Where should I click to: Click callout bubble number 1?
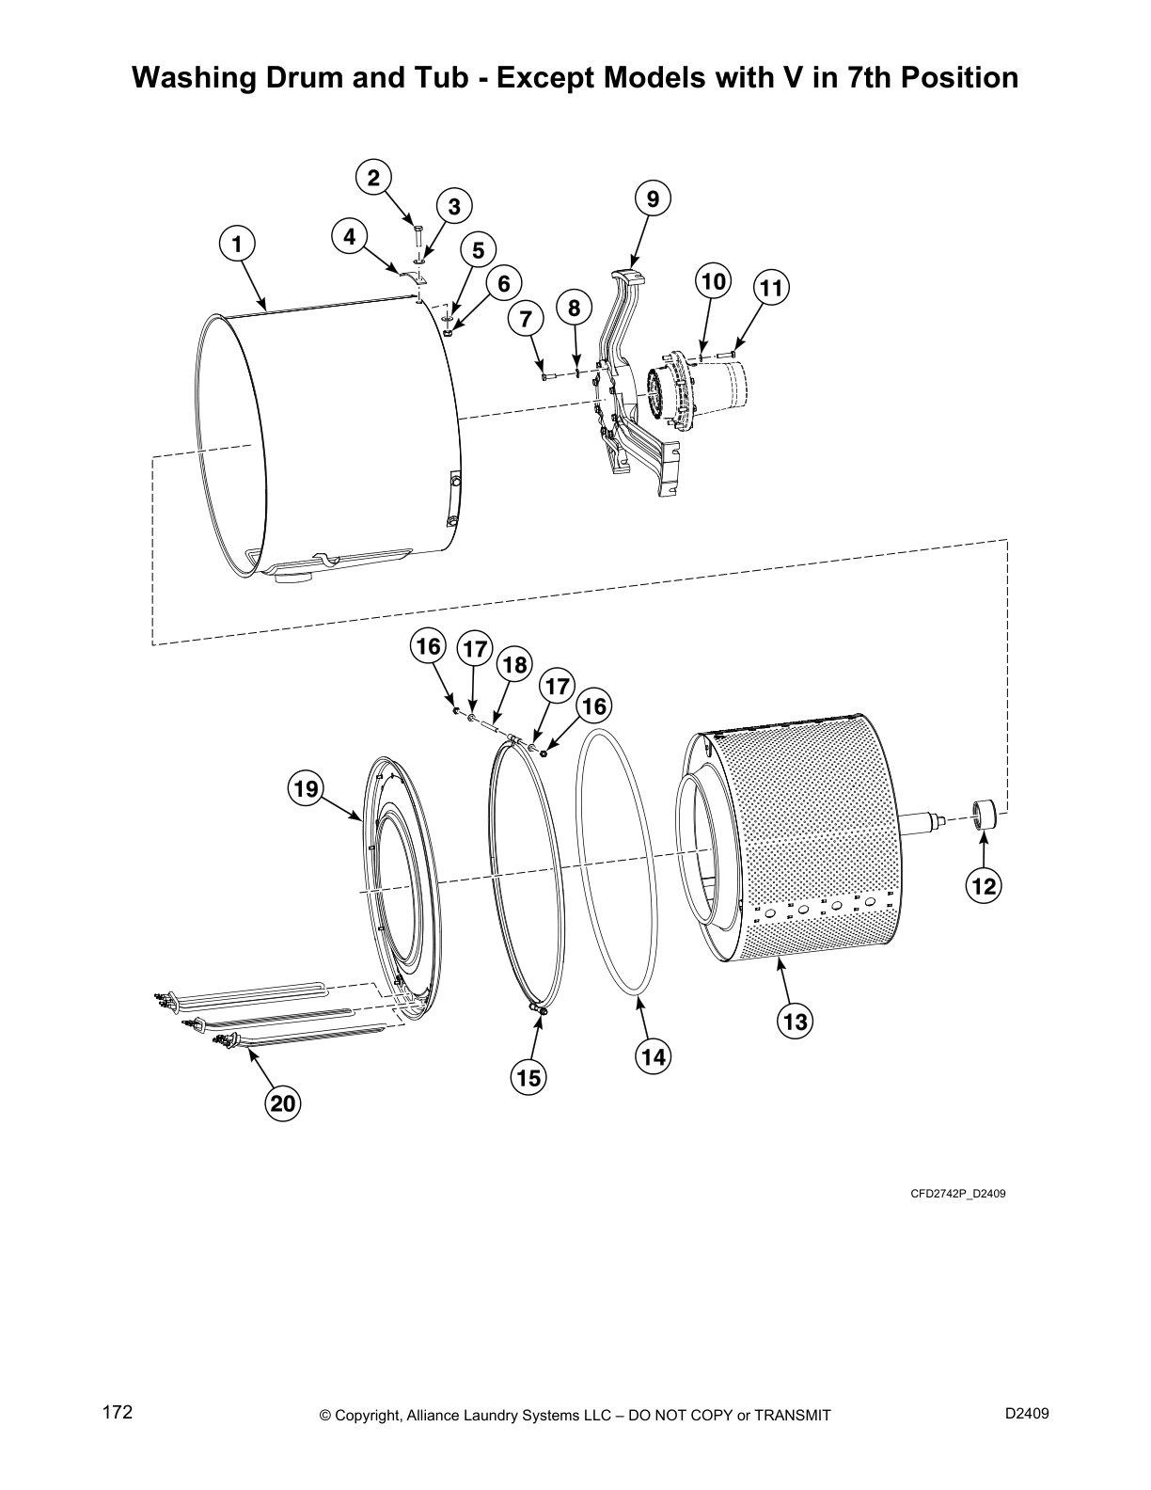(238, 244)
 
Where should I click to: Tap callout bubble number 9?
(653, 198)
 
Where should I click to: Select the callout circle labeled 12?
(984, 885)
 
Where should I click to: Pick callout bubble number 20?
(283, 1102)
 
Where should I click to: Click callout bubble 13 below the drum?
(796, 1021)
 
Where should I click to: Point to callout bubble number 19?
(307, 788)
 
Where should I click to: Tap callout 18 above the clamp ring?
(514, 664)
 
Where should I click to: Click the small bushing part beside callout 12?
(984, 812)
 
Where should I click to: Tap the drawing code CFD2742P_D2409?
(957, 1194)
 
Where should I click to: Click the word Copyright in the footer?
(371, 1416)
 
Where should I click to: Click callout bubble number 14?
(654, 1056)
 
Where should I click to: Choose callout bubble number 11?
(771, 289)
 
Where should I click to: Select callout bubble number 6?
(504, 283)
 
